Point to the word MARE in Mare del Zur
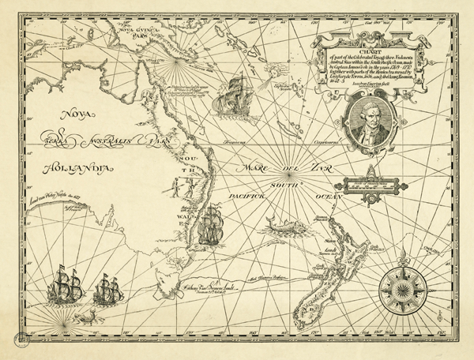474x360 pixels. [x=258, y=167]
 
